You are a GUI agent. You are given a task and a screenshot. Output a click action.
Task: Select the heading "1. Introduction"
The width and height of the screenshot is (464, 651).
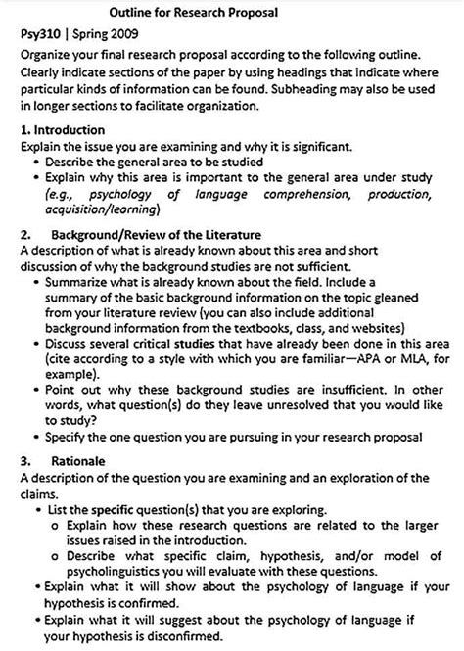[61, 129]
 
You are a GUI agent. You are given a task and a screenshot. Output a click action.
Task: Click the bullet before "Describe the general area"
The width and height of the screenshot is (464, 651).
[36, 160]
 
